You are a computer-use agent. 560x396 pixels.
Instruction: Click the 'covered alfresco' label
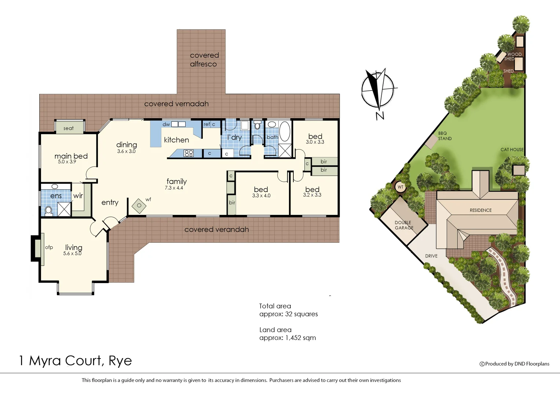click(204, 59)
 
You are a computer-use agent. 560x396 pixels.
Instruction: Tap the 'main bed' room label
click(71, 156)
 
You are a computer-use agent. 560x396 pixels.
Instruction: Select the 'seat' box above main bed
click(69, 128)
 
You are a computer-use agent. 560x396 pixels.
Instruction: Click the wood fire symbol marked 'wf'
click(139, 206)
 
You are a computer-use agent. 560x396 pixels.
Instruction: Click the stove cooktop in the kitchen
click(189, 153)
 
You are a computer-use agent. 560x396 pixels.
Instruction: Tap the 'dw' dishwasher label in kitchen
click(166, 124)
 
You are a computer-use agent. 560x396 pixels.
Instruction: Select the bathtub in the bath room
click(285, 131)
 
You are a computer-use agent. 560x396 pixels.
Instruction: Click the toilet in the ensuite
click(48, 210)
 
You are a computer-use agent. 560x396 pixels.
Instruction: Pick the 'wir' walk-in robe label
click(78, 196)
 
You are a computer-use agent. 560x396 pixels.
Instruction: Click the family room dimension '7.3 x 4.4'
click(174, 188)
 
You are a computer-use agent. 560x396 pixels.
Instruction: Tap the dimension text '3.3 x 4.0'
click(261, 196)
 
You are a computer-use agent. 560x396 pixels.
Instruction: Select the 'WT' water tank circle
click(400, 187)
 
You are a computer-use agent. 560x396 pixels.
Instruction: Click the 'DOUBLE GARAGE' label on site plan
click(403, 225)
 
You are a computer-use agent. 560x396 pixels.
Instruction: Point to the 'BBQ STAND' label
click(444, 136)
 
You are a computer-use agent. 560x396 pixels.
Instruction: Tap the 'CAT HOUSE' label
click(512, 150)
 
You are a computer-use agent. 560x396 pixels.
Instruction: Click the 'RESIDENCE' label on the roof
click(480, 210)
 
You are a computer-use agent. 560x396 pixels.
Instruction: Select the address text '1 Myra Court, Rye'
click(75, 361)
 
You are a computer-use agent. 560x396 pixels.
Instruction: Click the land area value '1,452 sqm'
click(300, 338)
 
